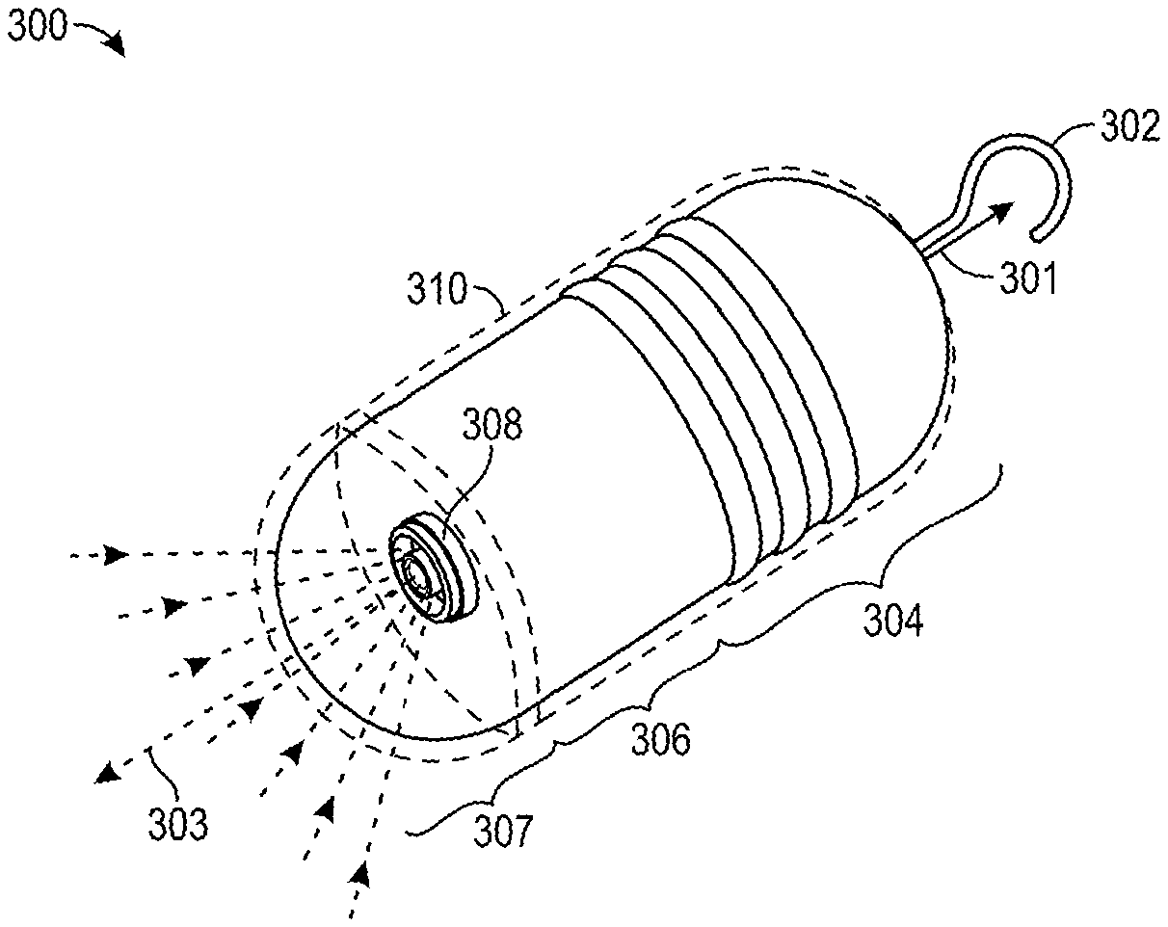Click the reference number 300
pyautogui.click(x=37, y=26)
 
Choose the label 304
pyautogui.click(x=891, y=622)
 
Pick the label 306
pyautogui.click(x=660, y=740)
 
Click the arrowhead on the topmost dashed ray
pyautogui.click(x=117, y=555)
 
